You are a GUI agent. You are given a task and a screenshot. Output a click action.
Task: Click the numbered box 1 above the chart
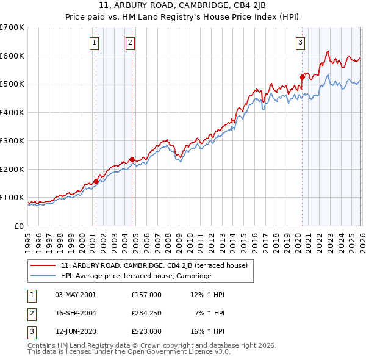point(95,43)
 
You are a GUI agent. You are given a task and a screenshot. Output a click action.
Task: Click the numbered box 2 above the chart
point(131,43)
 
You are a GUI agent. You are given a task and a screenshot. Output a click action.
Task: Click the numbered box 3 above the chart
point(301,43)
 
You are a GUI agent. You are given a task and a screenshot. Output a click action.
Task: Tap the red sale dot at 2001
point(96,181)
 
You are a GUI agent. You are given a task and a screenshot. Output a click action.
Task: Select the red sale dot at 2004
point(132,159)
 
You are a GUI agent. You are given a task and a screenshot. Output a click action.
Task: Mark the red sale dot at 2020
point(302,77)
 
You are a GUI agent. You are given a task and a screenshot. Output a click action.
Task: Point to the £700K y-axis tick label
point(12,27)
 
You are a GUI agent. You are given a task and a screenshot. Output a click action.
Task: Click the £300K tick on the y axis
point(12,141)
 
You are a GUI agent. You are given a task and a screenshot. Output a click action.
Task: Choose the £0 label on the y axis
point(18,226)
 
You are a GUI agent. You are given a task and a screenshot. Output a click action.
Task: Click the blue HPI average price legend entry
point(135,276)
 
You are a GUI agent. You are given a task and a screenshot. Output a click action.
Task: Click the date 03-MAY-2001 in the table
point(75,295)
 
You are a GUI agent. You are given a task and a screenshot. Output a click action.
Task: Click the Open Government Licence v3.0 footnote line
point(129,352)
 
